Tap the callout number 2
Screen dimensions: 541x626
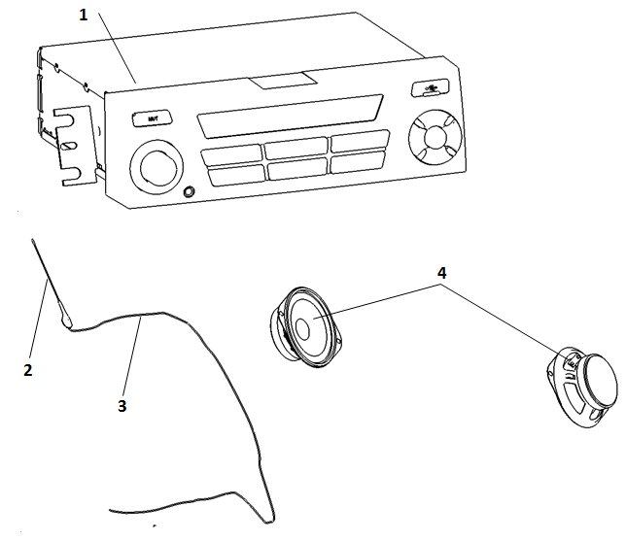click(27, 370)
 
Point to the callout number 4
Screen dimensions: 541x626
click(441, 274)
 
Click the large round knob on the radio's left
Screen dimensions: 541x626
click(156, 166)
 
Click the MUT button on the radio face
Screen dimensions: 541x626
click(152, 118)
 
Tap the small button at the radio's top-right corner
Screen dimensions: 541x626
click(430, 88)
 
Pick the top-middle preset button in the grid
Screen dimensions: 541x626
click(296, 151)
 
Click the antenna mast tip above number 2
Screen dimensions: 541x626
click(32, 239)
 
